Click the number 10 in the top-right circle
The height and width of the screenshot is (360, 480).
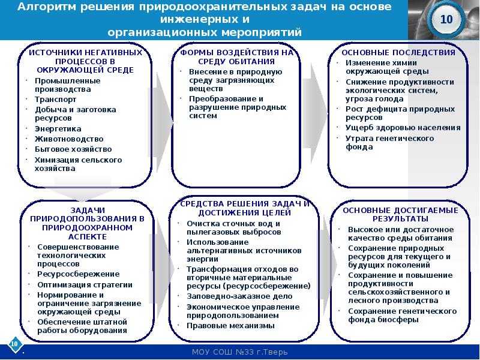tap(446, 20)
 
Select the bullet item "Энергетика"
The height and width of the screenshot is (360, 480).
tap(58, 128)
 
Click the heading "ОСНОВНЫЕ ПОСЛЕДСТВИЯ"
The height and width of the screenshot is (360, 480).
tap(395, 53)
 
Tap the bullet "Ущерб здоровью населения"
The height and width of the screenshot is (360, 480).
tap(403, 128)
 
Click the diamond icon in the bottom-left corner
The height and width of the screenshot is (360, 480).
tap(13, 344)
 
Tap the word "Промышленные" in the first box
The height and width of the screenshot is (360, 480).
tap(59, 80)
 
